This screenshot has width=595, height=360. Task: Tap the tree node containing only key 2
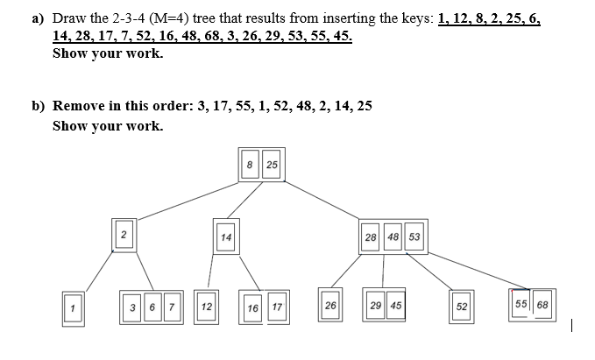pos(124,235)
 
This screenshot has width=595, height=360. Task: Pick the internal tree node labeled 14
pos(226,236)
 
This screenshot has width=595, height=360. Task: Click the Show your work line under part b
pos(107,125)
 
